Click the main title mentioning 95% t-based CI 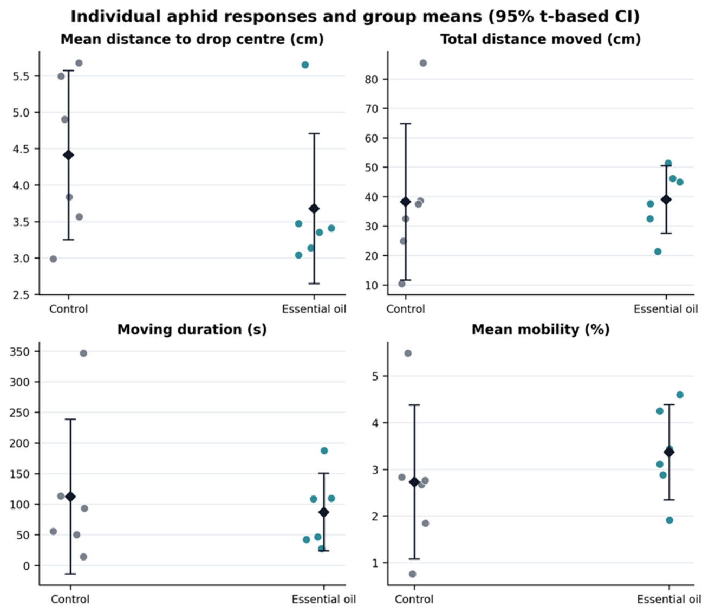pyautogui.click(x=355, y=16)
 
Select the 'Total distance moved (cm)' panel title pyautogui.click(x=541, y=39)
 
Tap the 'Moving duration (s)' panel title pyautogui.click(x=192, y=330)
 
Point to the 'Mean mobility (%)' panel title pyautogui.click(x=541, y=330)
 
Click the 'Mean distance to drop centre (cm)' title pyautogui.click(x=192, y=39)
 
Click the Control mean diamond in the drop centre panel pyautogui.click(x=69, y=155)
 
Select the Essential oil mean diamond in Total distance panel pyautogui.click(x=666, y=199)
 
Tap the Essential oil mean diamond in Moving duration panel pyautogui.click(x=324, y=512)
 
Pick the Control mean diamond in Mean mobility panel pyautogui.click(x=414, y=482)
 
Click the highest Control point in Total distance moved pyautogui.click(x=423, y=63)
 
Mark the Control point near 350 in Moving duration pyautogui.click(x=83, y=353)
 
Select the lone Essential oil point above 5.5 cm pyautogui.click(x=305, y=65)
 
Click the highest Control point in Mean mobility pyautogui.click(x=408, y=353)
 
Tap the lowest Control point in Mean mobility pyautogui.click(x=413, y=574)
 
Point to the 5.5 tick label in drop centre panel pyautogui.click(x=22, y=76)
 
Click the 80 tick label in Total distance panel pyautogui.click(x=372, y=79)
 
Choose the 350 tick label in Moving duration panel pyautogui.click(x=19, y=351)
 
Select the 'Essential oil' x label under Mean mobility pyautogui.click(x=669, y=600)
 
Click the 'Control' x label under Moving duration pyautogui.click(x=70, y=600)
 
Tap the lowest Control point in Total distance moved pyautogui.click(x=402, y=284)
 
